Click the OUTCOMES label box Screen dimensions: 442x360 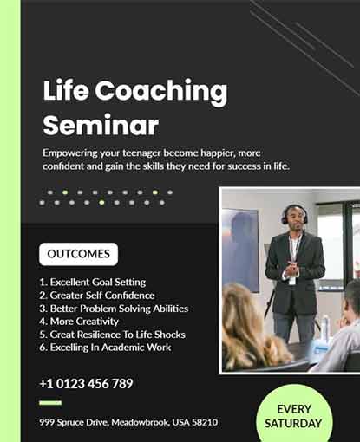(x=78, y=254)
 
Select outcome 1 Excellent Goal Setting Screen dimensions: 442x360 (x=93, y=282)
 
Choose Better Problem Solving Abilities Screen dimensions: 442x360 (x=114, y=308)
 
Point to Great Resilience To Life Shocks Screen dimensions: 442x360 (x=112, y=334)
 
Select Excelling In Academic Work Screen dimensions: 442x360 (x=105, y=347)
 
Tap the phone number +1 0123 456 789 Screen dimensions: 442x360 (x=86, y=383)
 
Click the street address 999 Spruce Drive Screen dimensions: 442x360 (x=74, y=422)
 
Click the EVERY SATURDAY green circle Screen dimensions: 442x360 (x=293, y=416)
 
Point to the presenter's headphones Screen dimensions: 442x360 (x=294, y=212)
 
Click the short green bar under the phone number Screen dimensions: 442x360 (x=50, y=403)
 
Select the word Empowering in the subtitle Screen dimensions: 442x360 (x=73, y=152)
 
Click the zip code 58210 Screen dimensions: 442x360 (x=203, y=422)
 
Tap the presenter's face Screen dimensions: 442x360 (x=294, y=218)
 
